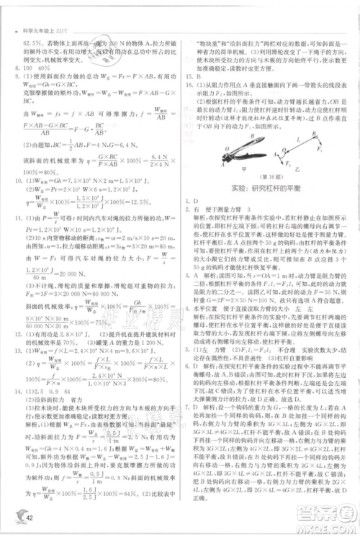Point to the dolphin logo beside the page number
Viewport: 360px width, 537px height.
coord(16,514)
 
